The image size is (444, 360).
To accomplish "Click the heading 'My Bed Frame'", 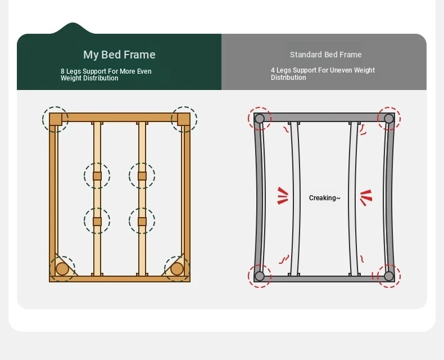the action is click(x=119, y=55).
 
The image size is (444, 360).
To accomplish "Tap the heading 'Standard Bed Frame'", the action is click(x=325, y=55).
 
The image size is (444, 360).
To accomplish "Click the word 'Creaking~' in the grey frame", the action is click(x=324, y=198).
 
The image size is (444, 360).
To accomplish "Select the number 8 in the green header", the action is click(x=62, y=71).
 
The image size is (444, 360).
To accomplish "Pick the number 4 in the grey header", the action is click(x=273, y=70).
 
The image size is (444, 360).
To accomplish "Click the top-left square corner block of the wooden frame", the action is click(x=56, y=119).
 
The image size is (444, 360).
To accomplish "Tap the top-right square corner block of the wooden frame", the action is click(x=184, y=119).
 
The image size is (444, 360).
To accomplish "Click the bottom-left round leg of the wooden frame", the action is click(x=62, y=269).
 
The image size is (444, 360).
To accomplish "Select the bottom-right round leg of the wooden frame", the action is click(x=177, y=269).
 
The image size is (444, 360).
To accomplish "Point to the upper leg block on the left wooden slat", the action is click(x=97, y=175).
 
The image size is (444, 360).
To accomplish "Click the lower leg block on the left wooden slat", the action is click(x=97, y=222).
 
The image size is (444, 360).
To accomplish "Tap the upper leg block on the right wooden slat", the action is click(x=142, y=175).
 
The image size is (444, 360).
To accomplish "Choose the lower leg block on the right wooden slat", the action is click(x=142, y=222).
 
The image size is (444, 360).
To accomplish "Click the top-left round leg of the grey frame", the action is click(x=260, y=119).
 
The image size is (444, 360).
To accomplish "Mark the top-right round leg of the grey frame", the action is click(x=389, y=119).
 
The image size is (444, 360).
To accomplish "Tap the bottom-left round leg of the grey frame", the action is click(x=260, y=276).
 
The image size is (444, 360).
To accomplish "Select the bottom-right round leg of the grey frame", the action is click(x=389, y=276).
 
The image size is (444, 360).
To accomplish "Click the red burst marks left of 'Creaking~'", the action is click(x=283, y=196).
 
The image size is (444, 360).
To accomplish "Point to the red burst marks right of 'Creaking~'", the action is click(x=366, y=197).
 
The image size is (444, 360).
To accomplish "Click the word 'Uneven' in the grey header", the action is click(x=342, y=70).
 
